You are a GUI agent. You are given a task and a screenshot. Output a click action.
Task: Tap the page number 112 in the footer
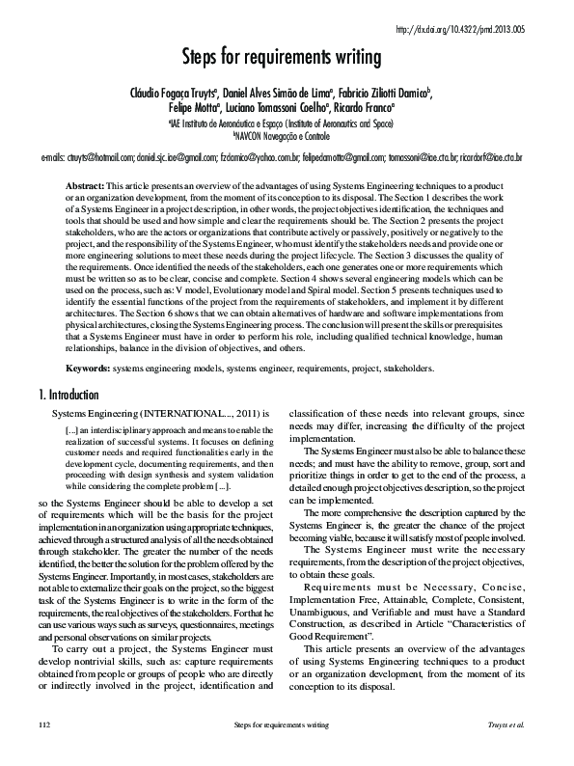[43, 750]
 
